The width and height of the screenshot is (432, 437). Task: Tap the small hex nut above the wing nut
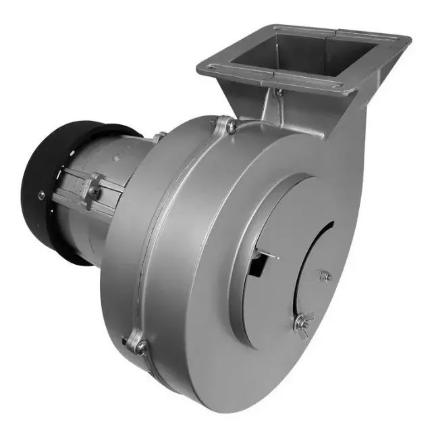(326, 275)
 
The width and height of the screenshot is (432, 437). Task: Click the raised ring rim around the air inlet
(243, 223)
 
